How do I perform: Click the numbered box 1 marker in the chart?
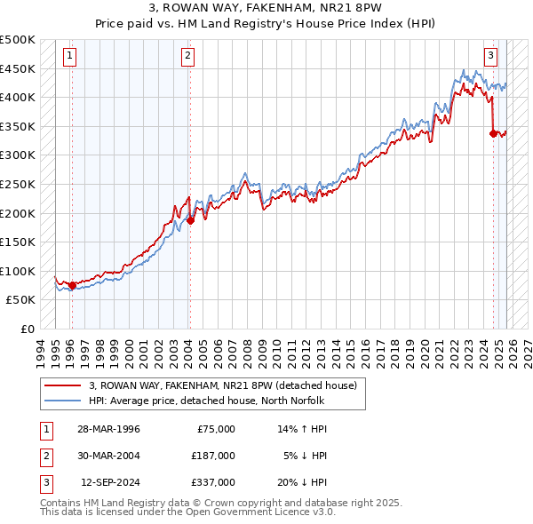70,56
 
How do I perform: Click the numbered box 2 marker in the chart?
188,56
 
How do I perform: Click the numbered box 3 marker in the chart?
490,56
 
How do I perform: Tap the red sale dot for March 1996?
72,285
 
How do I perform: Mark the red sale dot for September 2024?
493,133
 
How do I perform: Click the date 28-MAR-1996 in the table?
109,429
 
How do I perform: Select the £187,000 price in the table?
213,456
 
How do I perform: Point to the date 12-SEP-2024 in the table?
109,482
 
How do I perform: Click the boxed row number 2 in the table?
45,456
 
